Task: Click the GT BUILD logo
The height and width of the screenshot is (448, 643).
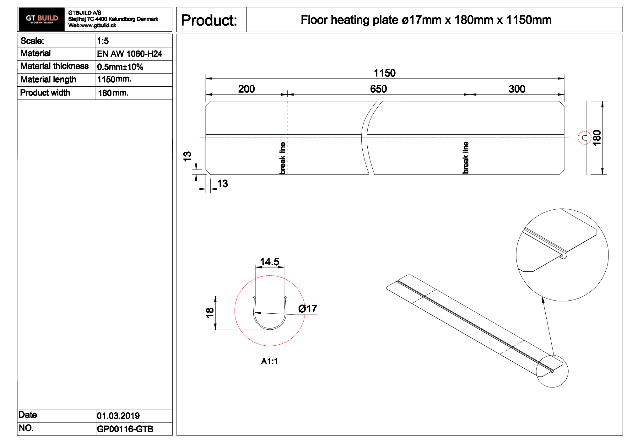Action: tap(41, 19)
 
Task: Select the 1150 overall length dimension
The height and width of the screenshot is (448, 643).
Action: tap(385, 73)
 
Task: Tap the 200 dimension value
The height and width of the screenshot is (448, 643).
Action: tap(246, 89)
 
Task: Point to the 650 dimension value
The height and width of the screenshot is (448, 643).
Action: tap(378, 89)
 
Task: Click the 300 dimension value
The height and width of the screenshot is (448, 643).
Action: tap(517, 89)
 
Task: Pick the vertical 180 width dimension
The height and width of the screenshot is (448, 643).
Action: tap(597, 138)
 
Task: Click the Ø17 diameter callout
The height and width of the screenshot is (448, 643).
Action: tap(307, 309)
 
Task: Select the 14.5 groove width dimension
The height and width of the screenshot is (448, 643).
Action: tap(269, 262)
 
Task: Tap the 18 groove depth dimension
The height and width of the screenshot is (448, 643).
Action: tap(210, 313)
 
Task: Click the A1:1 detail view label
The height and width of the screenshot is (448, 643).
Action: tap(269, 361)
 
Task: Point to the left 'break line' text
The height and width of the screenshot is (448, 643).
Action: tap(283, 158)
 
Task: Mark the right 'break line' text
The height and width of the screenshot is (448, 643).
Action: tap(466, 158)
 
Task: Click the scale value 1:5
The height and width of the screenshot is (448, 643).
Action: tap(103, 41)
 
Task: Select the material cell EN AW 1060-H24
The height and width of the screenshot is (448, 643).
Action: tap(129, 54)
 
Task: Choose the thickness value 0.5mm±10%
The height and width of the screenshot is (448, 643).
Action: tap(120, 67)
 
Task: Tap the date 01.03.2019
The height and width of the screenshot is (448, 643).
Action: tap(118, 416)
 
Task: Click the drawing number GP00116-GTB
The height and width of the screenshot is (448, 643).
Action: tap(125, 429)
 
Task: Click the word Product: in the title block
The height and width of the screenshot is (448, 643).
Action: tap(209, 20)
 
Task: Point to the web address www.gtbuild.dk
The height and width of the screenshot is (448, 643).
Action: tap(99, 25)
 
